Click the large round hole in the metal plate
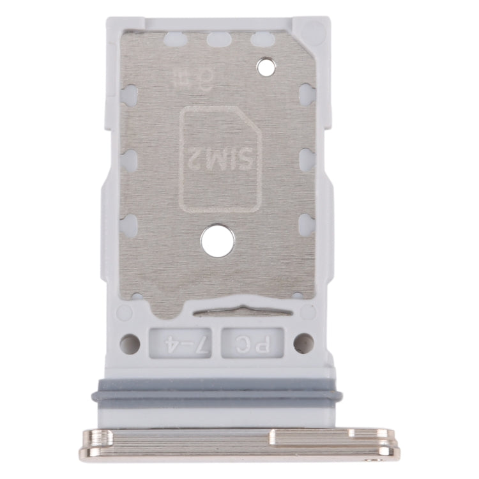click(x=217, y=241)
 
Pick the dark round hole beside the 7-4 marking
click(x=130, y=344)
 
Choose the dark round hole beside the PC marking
click(x=303, y=343)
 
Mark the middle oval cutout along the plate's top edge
click(x=218, y=40)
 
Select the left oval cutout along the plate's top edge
click(x=174, y=40)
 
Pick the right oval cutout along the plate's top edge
click(x=262, y=40)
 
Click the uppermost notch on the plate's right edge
click(x=307, y=95)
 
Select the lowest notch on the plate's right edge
click(x=307, y=224)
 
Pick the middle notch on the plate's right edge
click(x=307, y=160)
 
